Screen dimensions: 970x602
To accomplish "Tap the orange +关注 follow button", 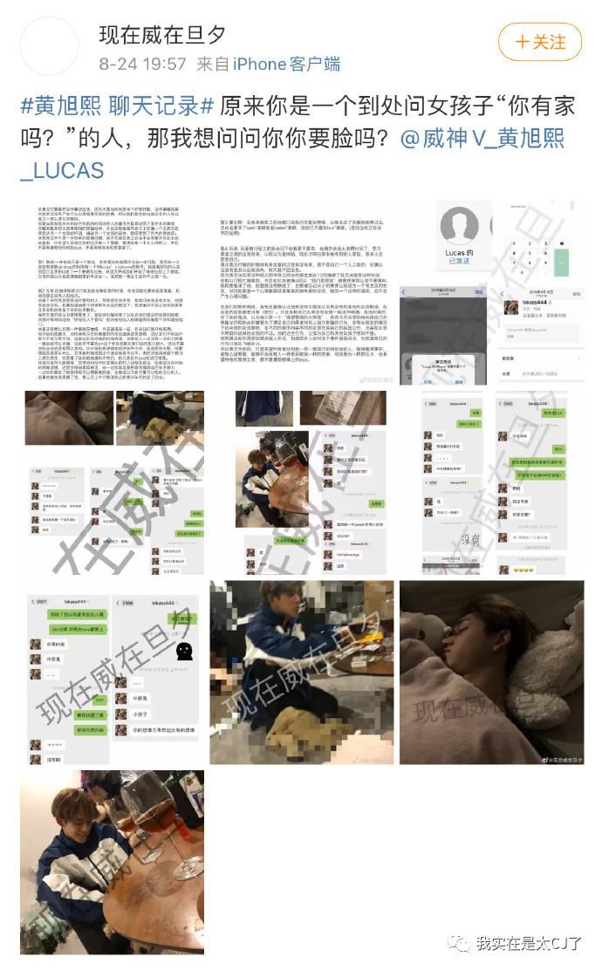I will pos(539,41).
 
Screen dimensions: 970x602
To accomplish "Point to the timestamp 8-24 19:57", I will pos(142,64).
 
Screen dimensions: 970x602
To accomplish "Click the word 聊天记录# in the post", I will pos(161,107).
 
